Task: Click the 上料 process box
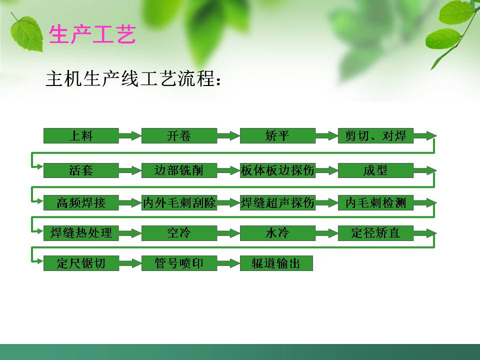pos(81,135)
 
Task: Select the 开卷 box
pos(179,135)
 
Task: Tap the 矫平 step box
pos(277,135)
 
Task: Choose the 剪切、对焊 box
pos(375,135)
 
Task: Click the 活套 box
pos(81,170)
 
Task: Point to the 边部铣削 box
pos(179,170)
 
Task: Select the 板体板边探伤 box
pos(277,170)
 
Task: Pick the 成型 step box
pos(375,170)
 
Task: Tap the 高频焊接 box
pos(81,203)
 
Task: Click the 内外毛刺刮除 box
pos(179,203)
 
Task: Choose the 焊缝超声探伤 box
pos(277,203)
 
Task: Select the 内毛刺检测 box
pos(375,203)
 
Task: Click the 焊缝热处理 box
pos(81,233)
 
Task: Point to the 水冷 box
pos(277,233)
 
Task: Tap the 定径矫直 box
pos(375,233)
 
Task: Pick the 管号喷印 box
pos(179,263)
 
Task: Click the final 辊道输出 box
pos(276,263)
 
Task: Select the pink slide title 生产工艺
pos(92,35)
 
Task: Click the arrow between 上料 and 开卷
pos(130,135)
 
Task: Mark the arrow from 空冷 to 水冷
pos(228,233)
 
